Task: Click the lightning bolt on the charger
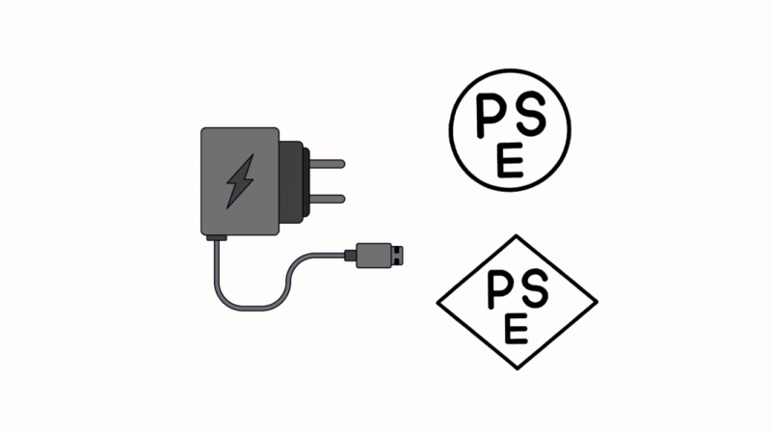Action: click(240, 181)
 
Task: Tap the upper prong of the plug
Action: click(327, 164)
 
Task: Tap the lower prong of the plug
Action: click(327, 199)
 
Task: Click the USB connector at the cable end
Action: click(374, 256)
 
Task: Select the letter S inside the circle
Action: click(531, 114)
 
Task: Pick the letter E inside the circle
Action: click(510, 160)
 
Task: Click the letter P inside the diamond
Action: click(501, 290)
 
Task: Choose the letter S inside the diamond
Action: click(535, 288)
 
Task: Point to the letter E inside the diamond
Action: click(516, 328)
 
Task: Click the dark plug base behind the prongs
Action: click(295, 182)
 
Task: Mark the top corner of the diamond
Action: click(517, 235)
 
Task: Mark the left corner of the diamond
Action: click(437, 303)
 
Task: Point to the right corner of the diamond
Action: click(598, 302)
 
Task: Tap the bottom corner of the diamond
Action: click(518, 369)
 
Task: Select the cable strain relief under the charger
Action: click(216, 238)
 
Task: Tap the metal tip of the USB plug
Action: click(397, 256)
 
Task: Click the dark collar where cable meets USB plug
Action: click(350, 256)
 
